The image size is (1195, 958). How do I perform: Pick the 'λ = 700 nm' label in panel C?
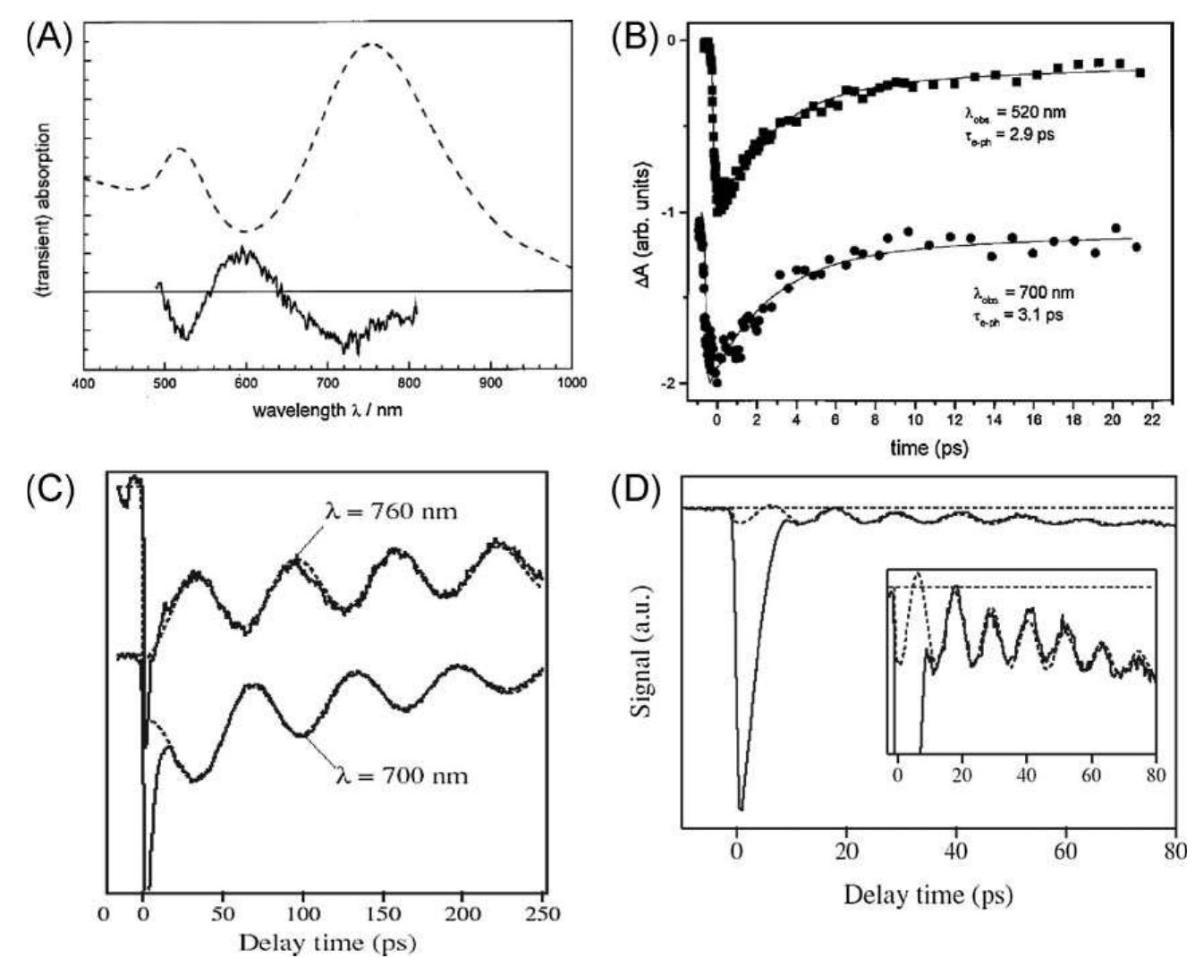click(x=401, y=774)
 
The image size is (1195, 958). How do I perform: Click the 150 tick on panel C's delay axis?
click(x=383, y=913)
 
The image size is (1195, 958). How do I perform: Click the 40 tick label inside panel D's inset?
click(x=1026, y=774)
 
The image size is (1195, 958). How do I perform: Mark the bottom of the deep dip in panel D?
click(x=741, y=809)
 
